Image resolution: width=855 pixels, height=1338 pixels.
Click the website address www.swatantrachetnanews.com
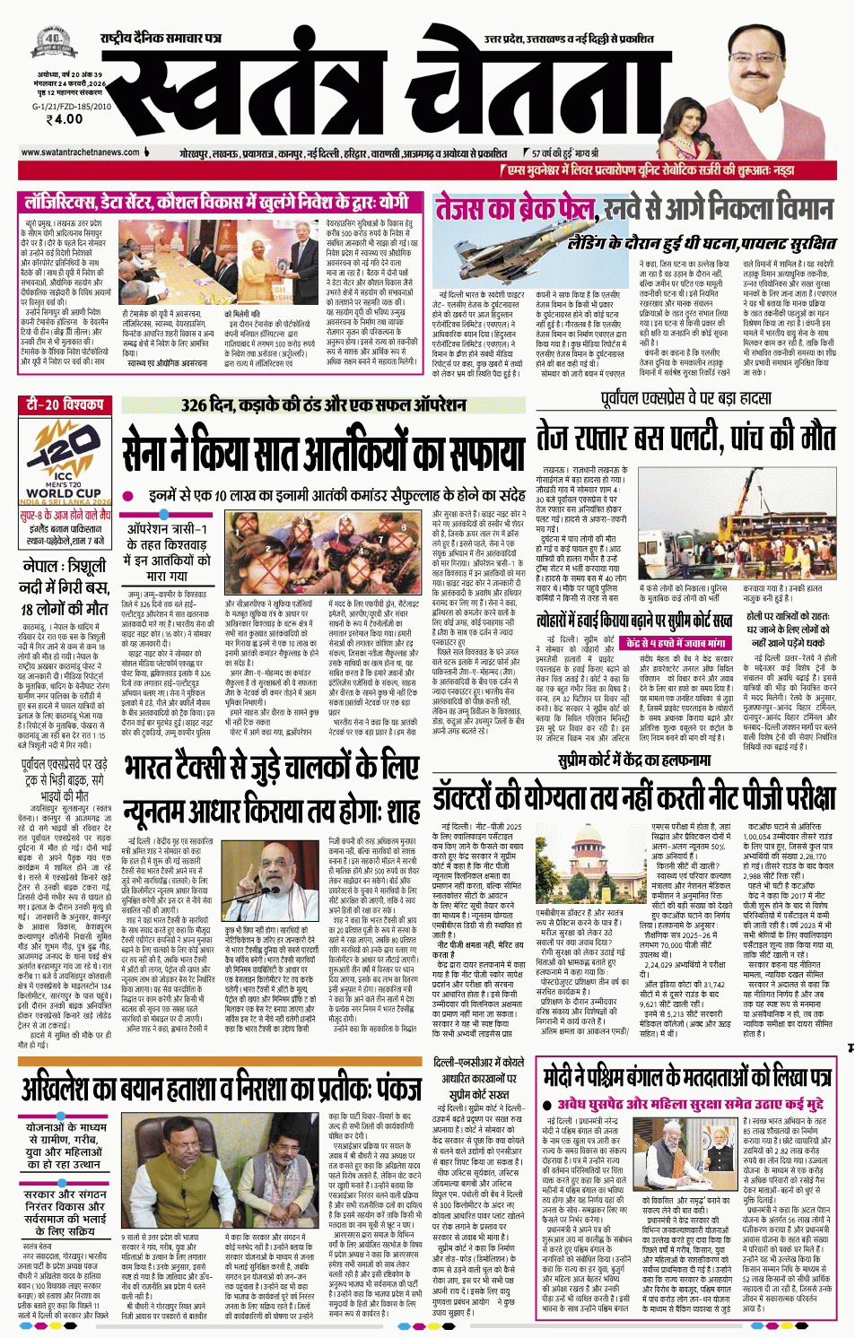(80, 152)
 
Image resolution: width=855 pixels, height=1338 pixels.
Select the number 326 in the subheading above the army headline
(196, 405)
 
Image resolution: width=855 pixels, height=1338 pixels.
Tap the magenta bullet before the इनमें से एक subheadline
(128, 496)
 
